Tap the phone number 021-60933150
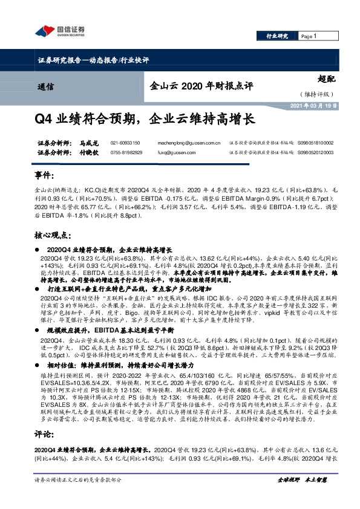click(x=125, y=143)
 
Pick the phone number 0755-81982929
click(x=126, y=152)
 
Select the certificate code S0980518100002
click(x=315, y=143)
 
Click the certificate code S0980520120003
click(x=315, y=152)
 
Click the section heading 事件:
click(x=44, y=175)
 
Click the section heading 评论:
click(x=44, y=433)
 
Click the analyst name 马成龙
click(x=88, y=143)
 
